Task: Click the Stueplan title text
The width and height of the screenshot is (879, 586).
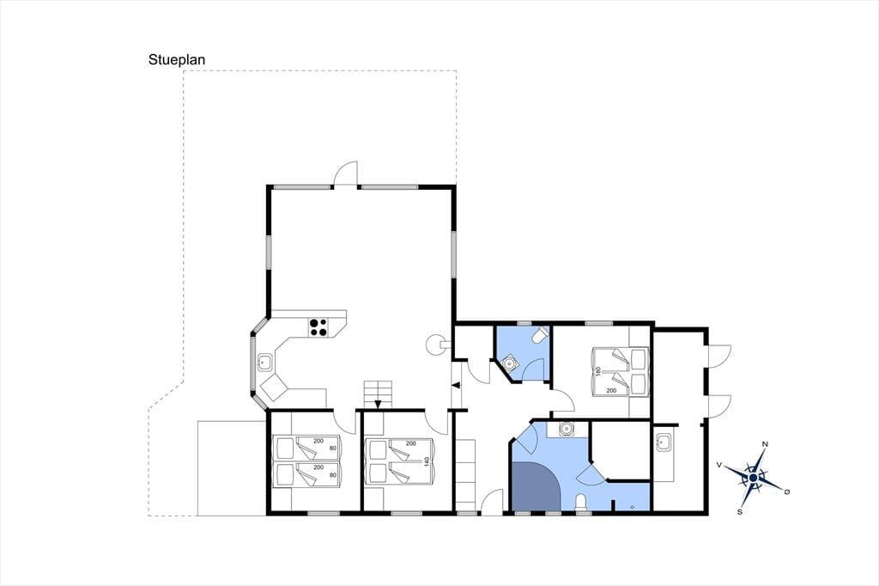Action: (x=177, y=60)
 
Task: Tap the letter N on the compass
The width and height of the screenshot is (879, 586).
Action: (x=765, y=444)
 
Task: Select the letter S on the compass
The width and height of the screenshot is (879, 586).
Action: (x=740, y=511)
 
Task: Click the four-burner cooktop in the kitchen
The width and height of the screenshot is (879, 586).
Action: (x=318, y=327)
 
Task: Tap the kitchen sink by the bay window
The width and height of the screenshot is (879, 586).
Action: (x=264, y=363)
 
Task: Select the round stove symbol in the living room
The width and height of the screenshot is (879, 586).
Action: (x=435, y=344)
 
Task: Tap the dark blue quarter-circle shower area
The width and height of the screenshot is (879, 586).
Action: (x=536, y=486)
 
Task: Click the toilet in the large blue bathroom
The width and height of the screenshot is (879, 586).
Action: (x=581, y=503)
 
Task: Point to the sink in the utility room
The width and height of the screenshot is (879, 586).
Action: (x=664, y=443)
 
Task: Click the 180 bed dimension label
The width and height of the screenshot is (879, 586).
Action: (x=598, y=371)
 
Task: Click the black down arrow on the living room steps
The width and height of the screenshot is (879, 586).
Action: (x=378, y=404)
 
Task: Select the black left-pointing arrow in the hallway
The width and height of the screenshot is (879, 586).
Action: (x=456, y=385)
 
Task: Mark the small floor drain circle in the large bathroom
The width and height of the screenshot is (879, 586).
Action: (x=633, y=507)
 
